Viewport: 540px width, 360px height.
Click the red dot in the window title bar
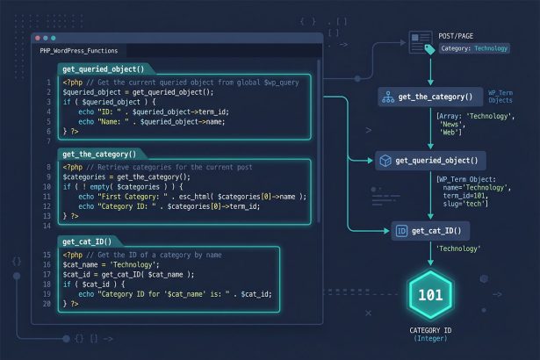pos(38,38)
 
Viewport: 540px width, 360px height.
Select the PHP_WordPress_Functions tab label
pos(79,51)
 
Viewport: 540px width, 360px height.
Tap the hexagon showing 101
pos(430,295)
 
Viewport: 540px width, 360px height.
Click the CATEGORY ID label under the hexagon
pos(430,330)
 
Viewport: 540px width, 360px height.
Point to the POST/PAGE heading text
pos(456,36)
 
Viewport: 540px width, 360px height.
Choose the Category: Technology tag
pos(474,48)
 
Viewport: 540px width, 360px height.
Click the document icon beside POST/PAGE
pos(421,43)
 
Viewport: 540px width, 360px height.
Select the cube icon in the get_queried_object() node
pos(385,161)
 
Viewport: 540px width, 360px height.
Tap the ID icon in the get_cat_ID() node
pos(401,231)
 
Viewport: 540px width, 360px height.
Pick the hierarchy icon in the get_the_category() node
pos(388,97)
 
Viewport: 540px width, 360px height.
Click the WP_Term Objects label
pos(500,97)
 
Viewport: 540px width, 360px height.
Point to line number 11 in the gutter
pos(47,197)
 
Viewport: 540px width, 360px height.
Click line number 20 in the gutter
pos(47,304)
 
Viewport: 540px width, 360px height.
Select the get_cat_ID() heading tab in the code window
pos(87,241)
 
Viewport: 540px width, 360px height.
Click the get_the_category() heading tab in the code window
pos(99,154)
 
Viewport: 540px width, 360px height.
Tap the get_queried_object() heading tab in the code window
pos(104,69)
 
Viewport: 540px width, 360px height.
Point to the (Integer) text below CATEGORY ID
pos(430,339)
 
